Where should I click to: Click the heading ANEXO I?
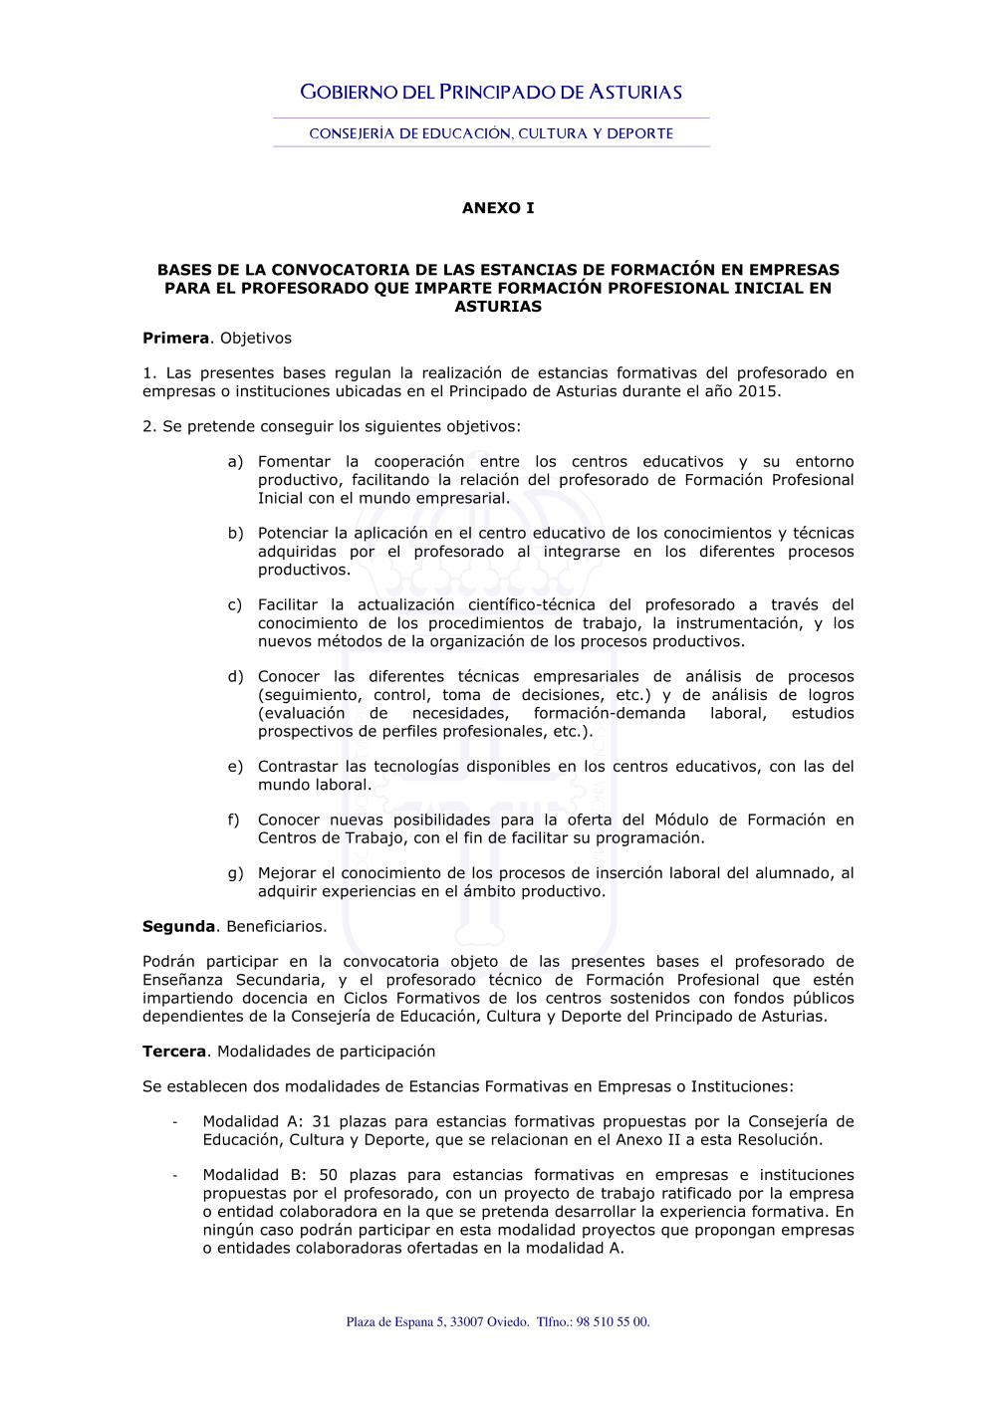coord(498,208)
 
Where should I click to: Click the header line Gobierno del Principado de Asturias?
coord(491,93)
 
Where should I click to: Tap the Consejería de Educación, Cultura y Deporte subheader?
coord(491,133)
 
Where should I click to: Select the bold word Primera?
coord(176,339)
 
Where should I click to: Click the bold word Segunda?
coord(178,927)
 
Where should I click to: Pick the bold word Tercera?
coord(174,1052)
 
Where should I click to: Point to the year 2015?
coord(758,391)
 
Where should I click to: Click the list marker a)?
coord(235,462)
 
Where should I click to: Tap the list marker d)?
coord(235,677)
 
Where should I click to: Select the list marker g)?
coord(235,873)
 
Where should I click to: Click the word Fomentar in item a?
coord(294,462)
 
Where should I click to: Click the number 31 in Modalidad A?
coord(321,1122)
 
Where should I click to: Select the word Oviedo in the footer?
coord(508,1322)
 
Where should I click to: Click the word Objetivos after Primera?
coord(255,339)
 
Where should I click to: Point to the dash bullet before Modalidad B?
coord(175,1176)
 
